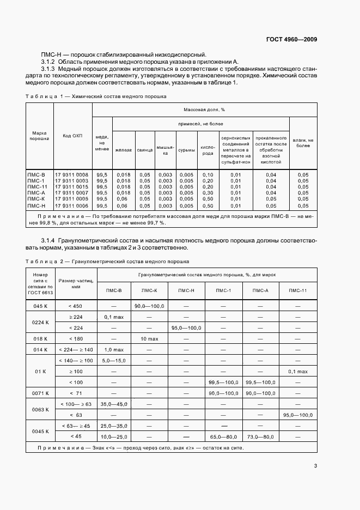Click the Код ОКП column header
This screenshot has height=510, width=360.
72,136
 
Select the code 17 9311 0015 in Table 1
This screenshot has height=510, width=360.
72,186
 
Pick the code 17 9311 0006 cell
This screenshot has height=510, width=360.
72,206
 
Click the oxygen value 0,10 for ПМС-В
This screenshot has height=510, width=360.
208,174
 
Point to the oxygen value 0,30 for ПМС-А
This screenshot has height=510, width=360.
208,193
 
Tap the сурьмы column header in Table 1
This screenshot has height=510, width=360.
186,147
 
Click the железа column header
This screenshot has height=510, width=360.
123,148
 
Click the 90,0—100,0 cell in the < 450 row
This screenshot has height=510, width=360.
149,306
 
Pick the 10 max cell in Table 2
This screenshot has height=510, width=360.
149,338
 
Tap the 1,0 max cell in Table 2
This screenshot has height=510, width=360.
113,349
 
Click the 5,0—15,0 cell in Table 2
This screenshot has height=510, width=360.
113,360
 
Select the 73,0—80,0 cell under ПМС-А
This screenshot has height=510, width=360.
260,436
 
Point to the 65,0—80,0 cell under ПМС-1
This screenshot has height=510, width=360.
223,436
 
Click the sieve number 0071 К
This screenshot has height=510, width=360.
41,393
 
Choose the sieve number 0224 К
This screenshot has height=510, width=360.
41,322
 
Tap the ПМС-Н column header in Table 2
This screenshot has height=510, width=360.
186,290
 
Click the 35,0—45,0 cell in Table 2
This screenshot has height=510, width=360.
113,404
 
